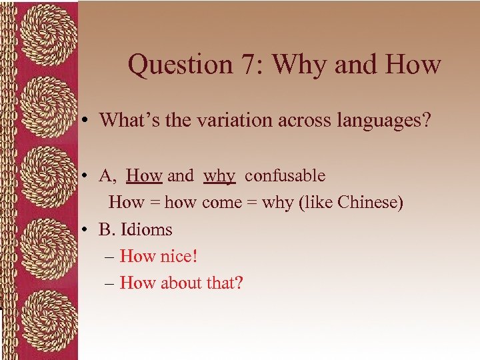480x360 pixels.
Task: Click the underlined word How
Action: click(144, 176)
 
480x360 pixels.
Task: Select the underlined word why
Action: click(219, 177)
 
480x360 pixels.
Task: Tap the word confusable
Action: click(285, 176)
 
